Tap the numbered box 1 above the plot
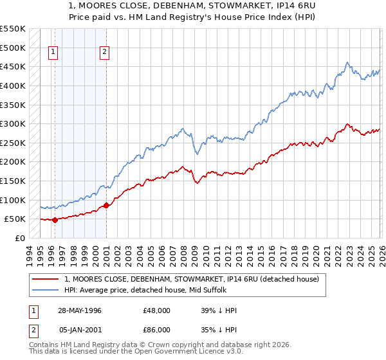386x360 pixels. tap(53, 53)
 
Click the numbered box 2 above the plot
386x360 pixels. tap(104, 53)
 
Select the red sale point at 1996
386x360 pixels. tap(55, 220)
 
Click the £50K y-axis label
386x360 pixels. tap(15, 219)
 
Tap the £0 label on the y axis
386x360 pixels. tap(20, 238)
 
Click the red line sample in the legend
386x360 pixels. tap(46, 279)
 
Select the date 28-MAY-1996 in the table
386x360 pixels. tap(79, 310)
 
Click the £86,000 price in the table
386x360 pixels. tap(157, 332)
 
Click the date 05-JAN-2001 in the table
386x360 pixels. tap(79, 332)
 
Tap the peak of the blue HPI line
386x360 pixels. tap(347, 62)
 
